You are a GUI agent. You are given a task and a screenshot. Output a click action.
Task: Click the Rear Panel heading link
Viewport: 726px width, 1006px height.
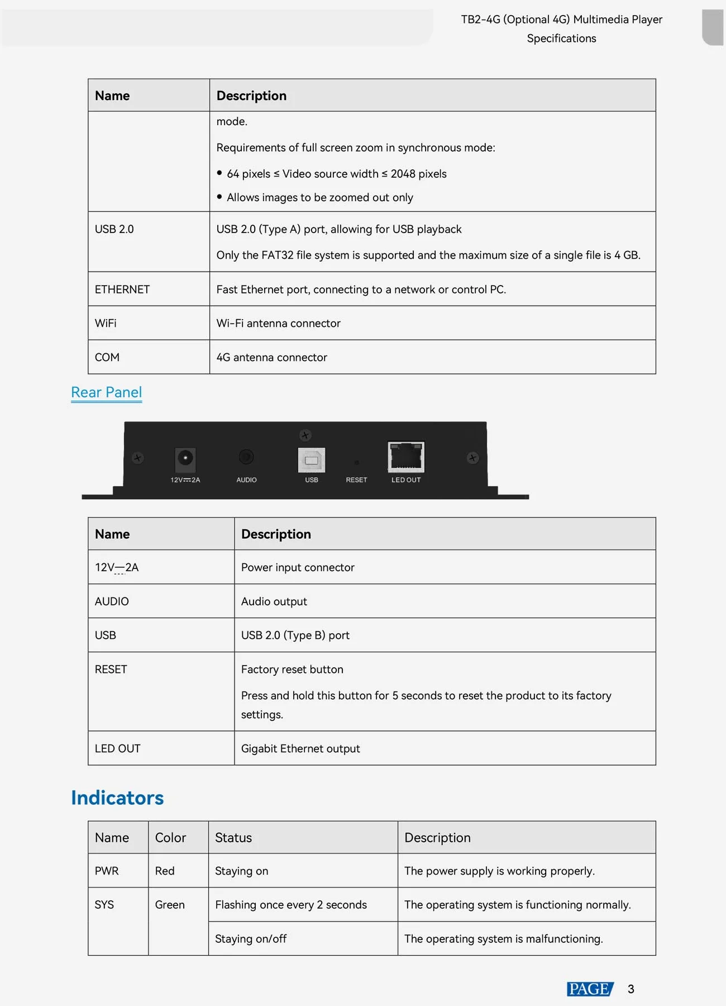click(x=106, y=392)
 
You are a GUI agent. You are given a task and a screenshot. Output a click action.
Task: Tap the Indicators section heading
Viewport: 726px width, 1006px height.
click(x=117, y=798)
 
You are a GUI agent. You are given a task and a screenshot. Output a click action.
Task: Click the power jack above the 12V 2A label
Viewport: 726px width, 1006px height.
click(x=185, y=458)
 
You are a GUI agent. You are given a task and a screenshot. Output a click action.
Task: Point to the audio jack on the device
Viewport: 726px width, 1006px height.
click(x=246, y=457)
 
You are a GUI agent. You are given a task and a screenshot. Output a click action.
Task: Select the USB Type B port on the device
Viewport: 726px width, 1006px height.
click(x=312, y=460)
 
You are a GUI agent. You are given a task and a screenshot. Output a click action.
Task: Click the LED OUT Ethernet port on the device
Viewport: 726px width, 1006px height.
click(x=406, y=457)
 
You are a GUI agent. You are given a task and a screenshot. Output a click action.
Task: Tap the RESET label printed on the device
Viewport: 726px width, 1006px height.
click(x=356, y=480)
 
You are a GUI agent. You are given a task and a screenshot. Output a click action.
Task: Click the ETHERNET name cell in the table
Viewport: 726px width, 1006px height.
click(x=122, y=290)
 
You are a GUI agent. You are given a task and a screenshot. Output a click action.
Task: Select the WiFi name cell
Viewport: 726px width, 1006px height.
click(x=106, y=323)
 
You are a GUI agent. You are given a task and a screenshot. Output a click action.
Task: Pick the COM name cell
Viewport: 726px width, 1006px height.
click(x=107, y=357)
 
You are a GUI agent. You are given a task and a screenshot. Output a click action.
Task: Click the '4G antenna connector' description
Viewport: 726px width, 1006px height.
click(x=272, y=357)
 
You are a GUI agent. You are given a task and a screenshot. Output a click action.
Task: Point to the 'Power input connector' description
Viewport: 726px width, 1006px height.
click(x=298, y=567)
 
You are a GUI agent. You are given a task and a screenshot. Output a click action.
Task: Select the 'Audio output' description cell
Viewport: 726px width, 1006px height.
click(x=274, y=601)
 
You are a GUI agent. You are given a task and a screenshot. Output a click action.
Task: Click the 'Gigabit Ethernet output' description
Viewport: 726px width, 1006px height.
click(x=300, y=748)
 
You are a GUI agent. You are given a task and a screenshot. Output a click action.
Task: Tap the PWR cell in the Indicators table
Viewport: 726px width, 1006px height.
click(x=107, y=871)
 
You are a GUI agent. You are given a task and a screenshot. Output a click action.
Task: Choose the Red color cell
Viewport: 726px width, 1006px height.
click(x=165, y=871)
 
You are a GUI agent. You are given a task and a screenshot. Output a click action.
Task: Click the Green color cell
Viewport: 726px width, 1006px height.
click(x=170, y=905)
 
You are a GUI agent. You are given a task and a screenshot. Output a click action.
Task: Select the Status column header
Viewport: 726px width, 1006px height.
click(x=233, y=838)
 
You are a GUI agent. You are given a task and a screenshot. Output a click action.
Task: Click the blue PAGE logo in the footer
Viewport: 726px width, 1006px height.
click(x=590, y=989)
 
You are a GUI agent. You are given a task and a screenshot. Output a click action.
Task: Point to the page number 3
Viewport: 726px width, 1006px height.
click(x=631, y=989)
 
